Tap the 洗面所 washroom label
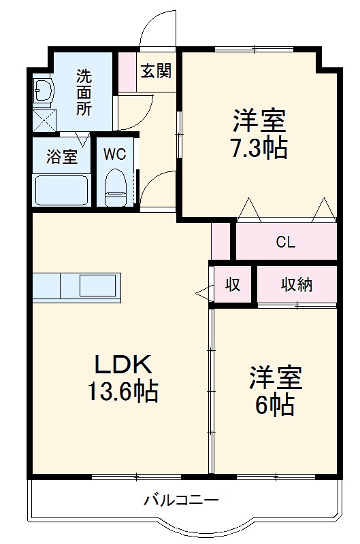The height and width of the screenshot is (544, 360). [83, 92]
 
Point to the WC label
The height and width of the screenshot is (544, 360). [114, 154]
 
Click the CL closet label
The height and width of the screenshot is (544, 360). [286, 242]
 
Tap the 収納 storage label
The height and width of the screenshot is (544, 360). [296, 284]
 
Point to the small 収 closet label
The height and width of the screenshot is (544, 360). [233, 285]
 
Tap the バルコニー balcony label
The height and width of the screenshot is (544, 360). [181, 501]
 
